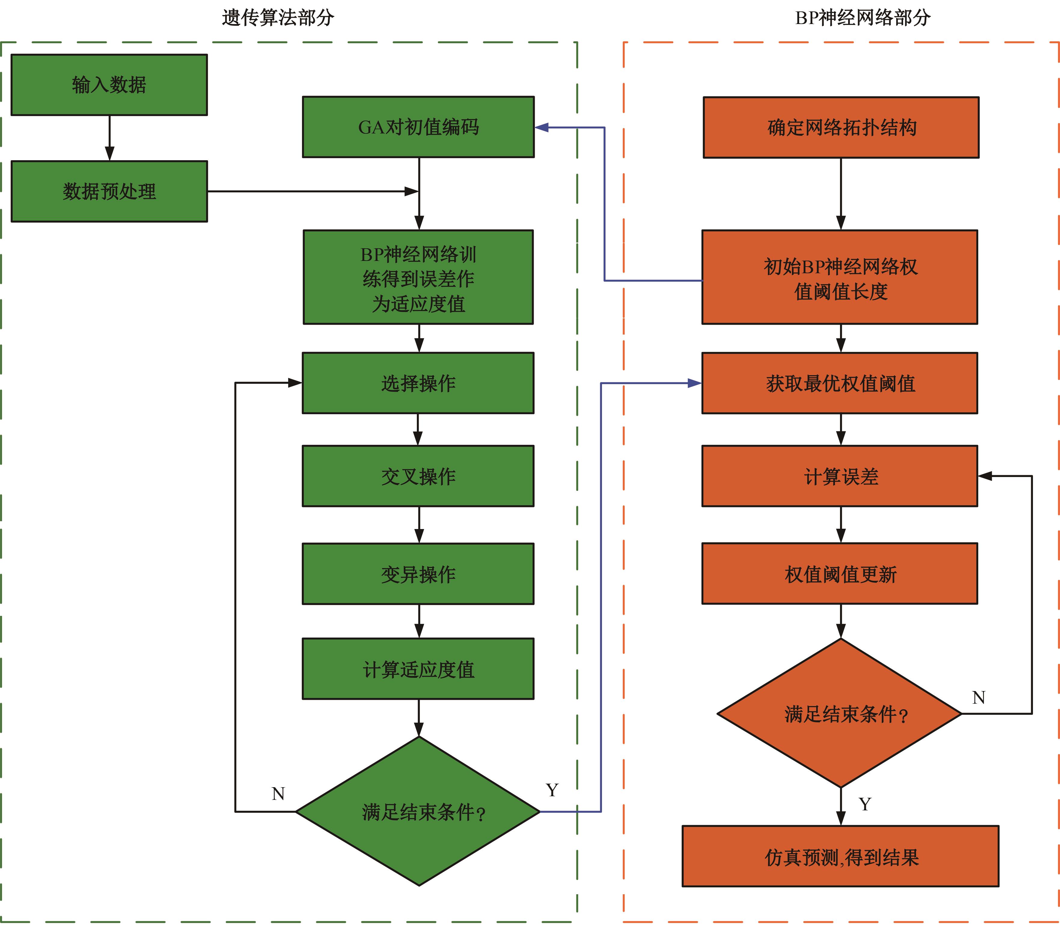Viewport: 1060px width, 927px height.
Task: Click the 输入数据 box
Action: (x=109, y=85)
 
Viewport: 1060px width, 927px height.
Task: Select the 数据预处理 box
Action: (x=109, y=191)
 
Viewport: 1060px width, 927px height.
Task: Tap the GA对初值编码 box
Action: (x=418, y=127)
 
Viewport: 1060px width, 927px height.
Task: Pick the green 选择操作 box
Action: (x=418, y=383)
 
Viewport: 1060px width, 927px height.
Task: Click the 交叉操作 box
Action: (x=418, y=476)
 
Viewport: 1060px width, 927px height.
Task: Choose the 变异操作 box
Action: (x=418, y=574)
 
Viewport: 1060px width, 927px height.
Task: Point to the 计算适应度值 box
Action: (x=418, y=669)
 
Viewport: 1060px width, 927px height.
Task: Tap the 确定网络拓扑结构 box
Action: (x=841, y=127)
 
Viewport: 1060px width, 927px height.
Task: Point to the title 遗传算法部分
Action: (x=278, y=18)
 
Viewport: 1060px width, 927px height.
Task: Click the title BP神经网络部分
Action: (x=862, y=18)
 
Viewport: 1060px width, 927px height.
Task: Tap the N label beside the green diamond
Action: (x=278, y=794)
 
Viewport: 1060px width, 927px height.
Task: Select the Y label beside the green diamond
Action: (x=552, y=790)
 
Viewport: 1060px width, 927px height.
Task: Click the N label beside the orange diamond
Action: (x=978, y=697)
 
